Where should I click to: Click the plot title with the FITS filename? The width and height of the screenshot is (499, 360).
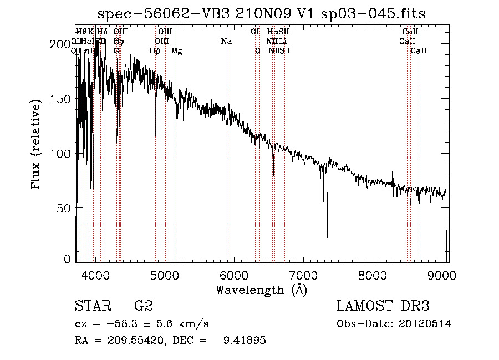pyautogui.click(x=261, y=13)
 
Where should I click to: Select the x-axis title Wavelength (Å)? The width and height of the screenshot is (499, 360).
pyautogui.click(x=261, y=290)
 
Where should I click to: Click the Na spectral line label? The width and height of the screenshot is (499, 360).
pyautogui.click(x=226, y=41)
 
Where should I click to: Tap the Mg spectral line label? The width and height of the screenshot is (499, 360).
pyautogui.click(x=176, y=51)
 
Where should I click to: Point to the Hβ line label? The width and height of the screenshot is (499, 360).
pyautogui.click(x=155, y=51)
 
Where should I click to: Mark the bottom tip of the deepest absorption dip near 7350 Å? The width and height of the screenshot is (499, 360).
pyautogui.click(x=327, y=237)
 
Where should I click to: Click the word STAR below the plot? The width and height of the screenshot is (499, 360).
pyautogui.click(x=93, y=306)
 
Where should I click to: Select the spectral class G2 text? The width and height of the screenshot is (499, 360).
pyautogui.click(x=144, y=306)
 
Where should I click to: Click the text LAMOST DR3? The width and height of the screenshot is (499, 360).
pyautogui.click(x=383, y=306)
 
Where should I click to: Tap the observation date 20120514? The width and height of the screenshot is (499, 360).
pyautogui.click(x=425, y=324)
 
